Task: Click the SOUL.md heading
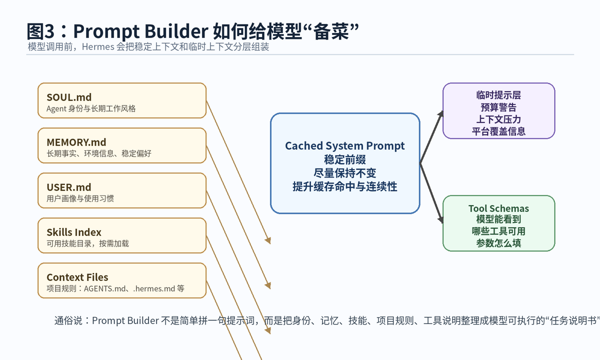69,97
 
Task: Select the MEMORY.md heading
76,142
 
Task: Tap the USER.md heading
69,187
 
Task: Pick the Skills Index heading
74,232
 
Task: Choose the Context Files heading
77,277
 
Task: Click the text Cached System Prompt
345,146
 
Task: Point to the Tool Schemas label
499,208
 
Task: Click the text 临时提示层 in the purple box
499,95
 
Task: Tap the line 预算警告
499,107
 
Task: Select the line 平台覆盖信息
499,131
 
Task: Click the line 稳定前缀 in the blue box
345,159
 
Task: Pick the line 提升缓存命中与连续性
345,186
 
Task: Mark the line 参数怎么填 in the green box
499,243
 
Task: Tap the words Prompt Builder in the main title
141,31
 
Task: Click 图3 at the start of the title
40,31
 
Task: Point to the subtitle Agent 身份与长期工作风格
91,108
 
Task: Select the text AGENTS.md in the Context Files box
104,288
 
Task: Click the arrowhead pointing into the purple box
440,114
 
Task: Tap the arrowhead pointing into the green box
440,219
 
